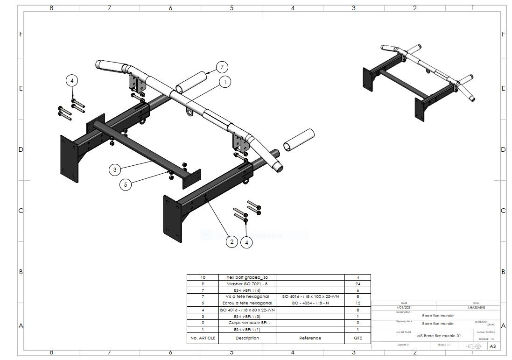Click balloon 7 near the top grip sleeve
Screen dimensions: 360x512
222,67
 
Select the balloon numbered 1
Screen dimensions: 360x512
225,82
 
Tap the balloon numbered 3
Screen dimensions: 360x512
115,169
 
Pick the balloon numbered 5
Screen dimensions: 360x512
125,184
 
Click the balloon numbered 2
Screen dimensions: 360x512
232,241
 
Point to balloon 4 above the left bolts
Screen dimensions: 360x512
72,81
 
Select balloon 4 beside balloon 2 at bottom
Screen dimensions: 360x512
246,242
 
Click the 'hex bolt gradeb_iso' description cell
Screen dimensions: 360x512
247,277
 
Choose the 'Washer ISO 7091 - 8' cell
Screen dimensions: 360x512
247,283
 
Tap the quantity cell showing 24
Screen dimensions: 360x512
358,283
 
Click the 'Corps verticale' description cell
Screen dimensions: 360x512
247,323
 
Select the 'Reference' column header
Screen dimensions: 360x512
310,338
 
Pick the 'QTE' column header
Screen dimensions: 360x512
358,338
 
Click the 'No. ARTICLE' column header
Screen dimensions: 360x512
203,338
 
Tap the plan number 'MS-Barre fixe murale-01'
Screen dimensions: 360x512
439,335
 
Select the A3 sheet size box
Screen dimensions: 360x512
493,346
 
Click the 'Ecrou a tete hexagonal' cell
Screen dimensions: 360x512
247,303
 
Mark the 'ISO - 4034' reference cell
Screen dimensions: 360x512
310,303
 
